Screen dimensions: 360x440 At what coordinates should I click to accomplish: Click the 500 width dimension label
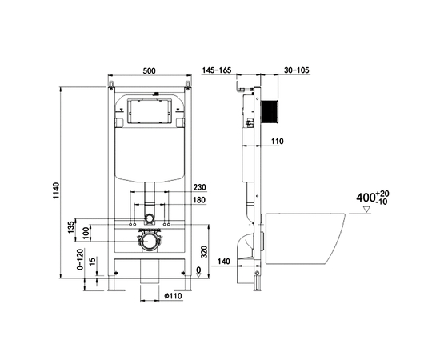point(150,70)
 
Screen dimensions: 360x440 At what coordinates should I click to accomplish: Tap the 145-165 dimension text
point(217,70)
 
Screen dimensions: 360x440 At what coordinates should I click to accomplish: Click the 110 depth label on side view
point(277,142)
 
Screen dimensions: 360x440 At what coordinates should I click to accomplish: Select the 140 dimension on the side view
point(223,262)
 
